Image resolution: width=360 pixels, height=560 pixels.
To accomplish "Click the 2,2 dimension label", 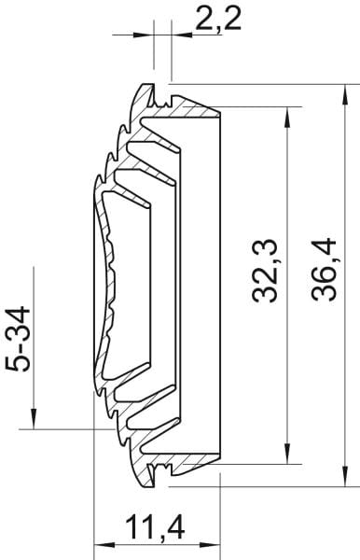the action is tap(218, 19).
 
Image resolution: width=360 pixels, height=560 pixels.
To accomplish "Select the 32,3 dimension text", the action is tap(264, 271).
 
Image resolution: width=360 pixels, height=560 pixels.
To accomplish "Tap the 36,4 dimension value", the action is tap(324, 270).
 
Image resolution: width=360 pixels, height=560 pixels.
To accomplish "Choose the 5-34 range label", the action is tap(18, 339).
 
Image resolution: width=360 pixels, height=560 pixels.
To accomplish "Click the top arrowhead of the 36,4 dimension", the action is tap(345, 94).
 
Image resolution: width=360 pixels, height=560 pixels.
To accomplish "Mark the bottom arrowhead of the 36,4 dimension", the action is tap(345, 476).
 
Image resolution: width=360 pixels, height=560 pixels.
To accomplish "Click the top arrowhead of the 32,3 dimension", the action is tap(286, 118).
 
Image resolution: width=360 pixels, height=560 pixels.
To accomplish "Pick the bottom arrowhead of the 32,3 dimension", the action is tap(286, 454).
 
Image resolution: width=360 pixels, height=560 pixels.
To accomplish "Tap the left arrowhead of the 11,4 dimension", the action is tap(104, 545).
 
